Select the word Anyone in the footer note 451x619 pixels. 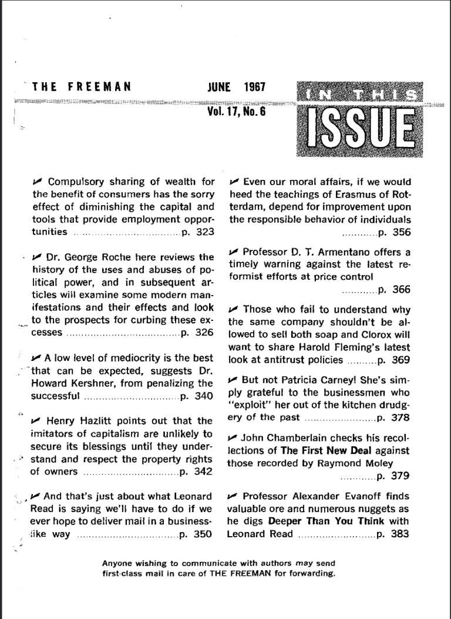click(116, 563)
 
